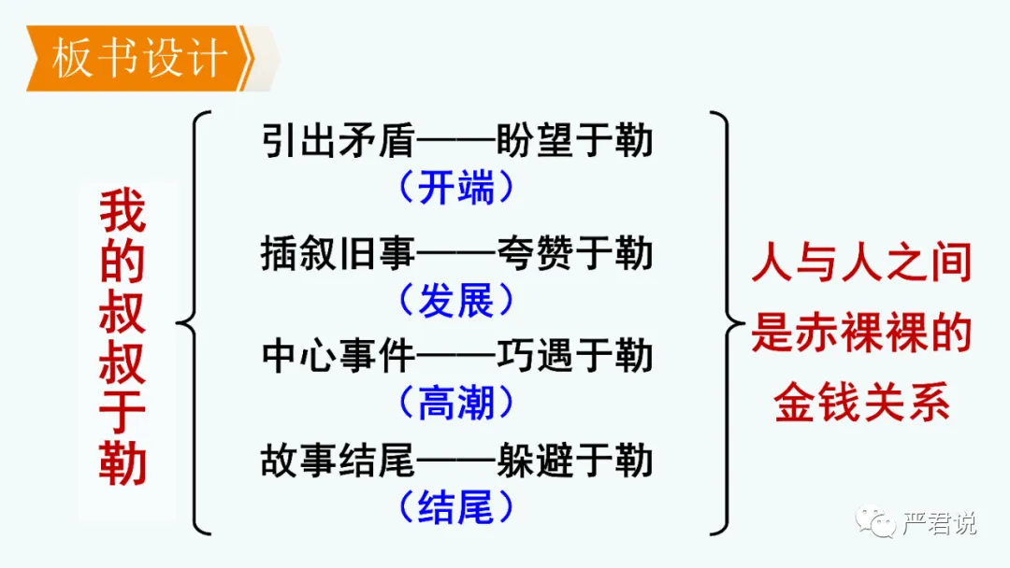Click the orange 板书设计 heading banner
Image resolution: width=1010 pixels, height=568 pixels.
(x=140, y=58)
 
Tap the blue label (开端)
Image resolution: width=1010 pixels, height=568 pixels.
(x=455, y=189)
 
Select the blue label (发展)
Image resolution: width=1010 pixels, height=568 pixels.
(x=455, y=300)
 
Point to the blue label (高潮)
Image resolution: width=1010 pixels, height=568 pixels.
(x=455, y=403)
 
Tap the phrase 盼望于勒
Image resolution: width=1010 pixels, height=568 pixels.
(x=574, y=144)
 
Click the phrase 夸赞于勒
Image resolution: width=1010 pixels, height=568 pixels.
(x=574, y=254)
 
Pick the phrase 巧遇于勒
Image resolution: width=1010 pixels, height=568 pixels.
(x=574, y=357)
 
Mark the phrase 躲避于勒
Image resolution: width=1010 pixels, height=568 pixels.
(x=574, y=461)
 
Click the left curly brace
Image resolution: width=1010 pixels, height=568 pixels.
(x=193, y=323)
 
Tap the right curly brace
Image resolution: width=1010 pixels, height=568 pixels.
(x=726, y=323)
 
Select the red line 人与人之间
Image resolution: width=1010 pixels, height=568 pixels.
(x=862, y=265)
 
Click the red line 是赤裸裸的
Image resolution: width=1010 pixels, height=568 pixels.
(x=862, y=334)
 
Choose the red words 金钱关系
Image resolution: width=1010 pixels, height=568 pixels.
(x=862, y=405)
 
